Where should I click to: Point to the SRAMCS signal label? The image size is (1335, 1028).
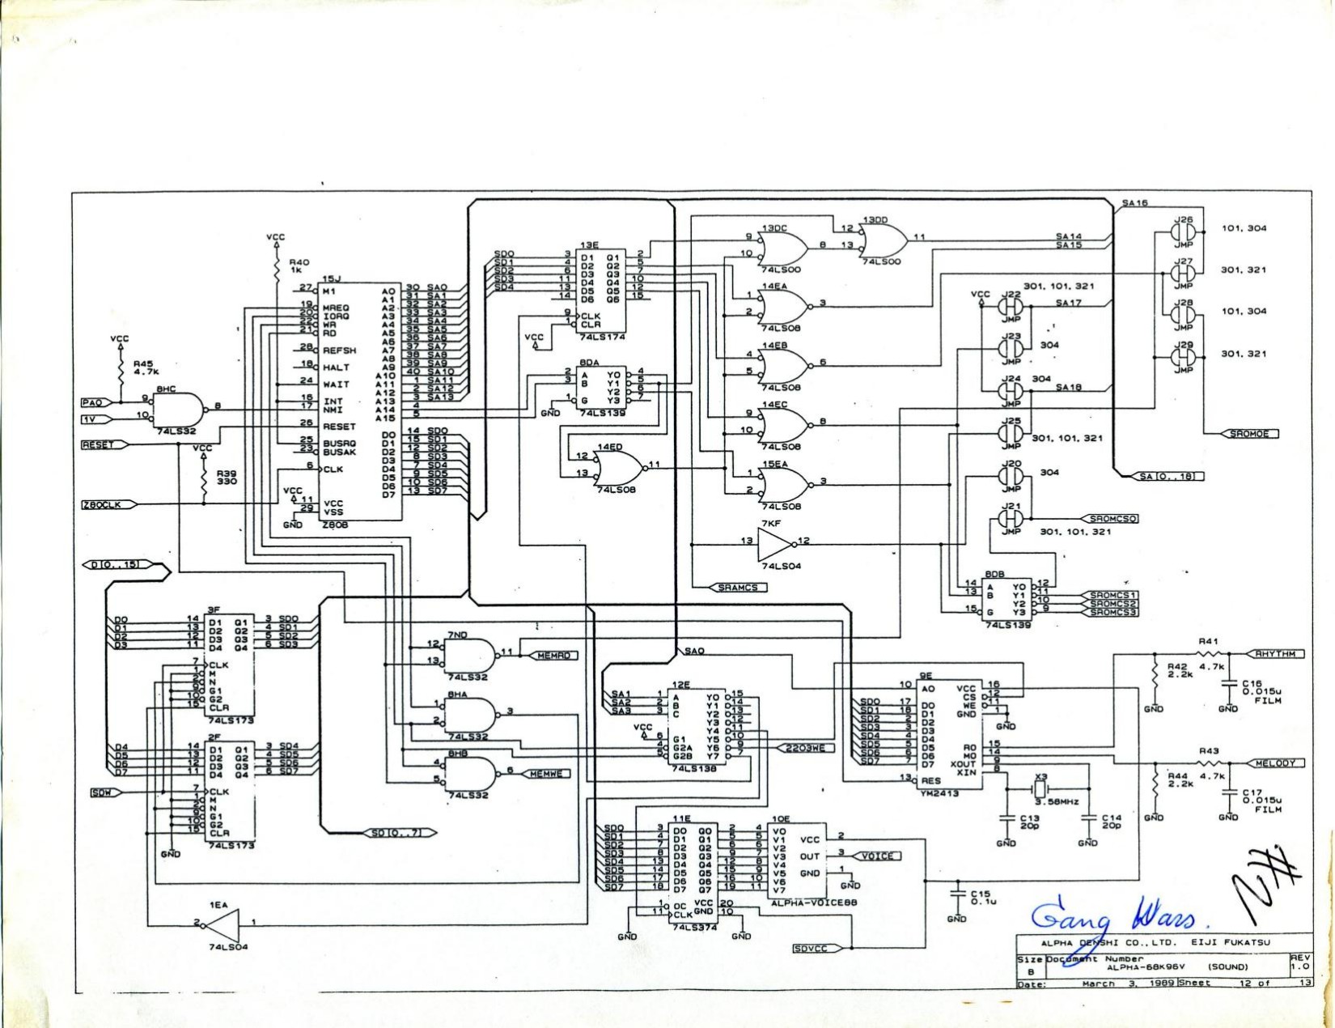pyautogui.click(x=738, y=587)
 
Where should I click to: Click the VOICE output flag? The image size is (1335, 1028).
pyautogui.click(x=877, y=856)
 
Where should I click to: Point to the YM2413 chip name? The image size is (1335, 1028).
pyautogui.click(x=939, y=793)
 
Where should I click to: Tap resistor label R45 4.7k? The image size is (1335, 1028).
pyautogui.click(x=145, y=368)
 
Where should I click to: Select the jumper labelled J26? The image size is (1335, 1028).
pyautogui.click(x=1182, y=232)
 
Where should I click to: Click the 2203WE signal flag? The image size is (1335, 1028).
pyautogui.click(x=804, y=748)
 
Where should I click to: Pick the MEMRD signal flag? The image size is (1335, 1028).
pyautogui.click(x=553, y=655)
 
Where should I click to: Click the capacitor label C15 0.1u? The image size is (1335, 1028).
pyautogui.click(x=983, y=897)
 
